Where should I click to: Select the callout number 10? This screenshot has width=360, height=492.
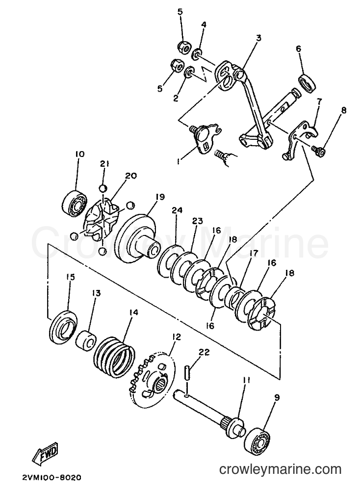(x=80, y=154)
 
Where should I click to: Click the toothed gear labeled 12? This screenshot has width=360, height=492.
(x=151, y=380)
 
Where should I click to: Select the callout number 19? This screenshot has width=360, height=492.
(x=159, y=197)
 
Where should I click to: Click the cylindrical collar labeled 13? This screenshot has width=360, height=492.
(x=85, y=339)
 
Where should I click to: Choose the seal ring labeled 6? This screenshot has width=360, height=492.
(x=308, y=83)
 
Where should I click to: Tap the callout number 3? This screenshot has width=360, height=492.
(x=258, y=38)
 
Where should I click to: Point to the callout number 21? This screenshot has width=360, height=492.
(x=104, y=163)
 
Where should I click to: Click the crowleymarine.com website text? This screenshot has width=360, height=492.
(x=280, y=469)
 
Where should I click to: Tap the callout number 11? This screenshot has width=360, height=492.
(x=246, y=381)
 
